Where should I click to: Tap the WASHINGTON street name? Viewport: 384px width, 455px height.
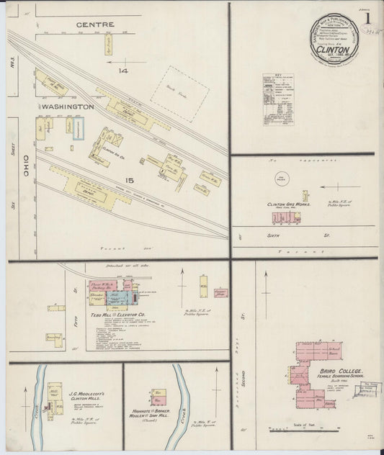pos(68,107)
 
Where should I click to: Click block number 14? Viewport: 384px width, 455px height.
pos(123,71)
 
